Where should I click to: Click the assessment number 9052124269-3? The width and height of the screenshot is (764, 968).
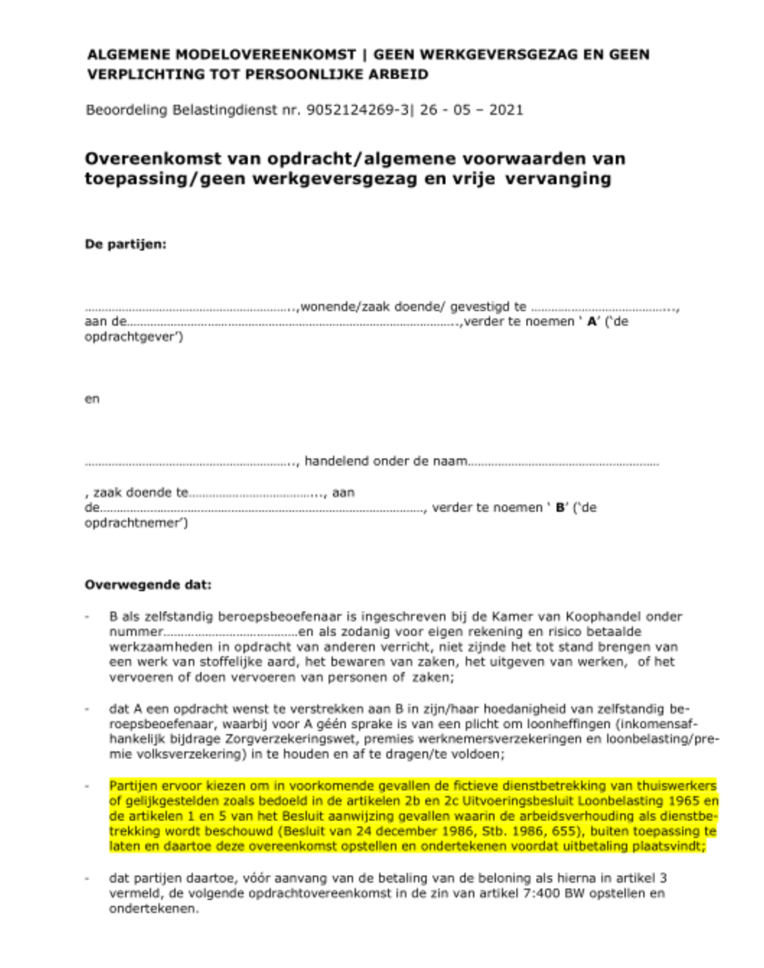[x=357, y=110]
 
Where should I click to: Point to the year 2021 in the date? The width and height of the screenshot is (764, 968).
[x=506, y=110]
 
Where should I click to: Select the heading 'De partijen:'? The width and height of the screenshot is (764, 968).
[x=125, y=244]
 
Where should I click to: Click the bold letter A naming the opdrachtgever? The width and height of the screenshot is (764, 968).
[x=592, y=322]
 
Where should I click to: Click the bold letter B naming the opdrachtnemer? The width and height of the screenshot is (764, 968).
[x=560, y=508]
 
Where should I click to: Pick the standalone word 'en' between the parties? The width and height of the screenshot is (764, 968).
[x=92, y=399]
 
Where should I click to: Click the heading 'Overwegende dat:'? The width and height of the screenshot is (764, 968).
[x=148, y=585]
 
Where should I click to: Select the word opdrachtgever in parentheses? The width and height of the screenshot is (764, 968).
[x=133, y=337]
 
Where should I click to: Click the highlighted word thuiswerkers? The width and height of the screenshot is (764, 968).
[x=676, y=786]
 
